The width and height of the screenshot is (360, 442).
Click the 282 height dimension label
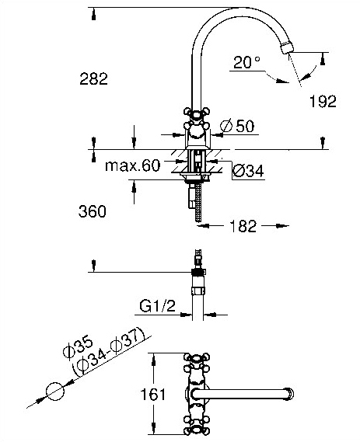point(93,78)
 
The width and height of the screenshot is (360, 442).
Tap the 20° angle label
point(246,62)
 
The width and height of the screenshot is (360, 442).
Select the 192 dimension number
point(323,102)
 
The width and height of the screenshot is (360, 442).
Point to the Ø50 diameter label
point(237,126)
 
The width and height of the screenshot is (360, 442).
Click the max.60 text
point(133,165)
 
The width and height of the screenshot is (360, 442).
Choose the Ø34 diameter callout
point(248,171)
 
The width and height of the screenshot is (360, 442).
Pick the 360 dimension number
point(93,211)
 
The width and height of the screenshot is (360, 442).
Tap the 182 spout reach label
point(243,226)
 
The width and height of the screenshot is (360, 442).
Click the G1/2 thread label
point(157,306)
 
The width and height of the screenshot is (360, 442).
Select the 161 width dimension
point(153,395)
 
